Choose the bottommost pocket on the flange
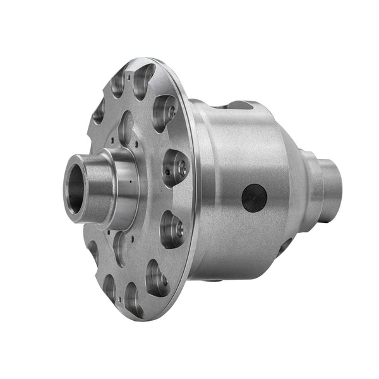click(x=133, y=298)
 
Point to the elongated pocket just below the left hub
click(x=119, y=248)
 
